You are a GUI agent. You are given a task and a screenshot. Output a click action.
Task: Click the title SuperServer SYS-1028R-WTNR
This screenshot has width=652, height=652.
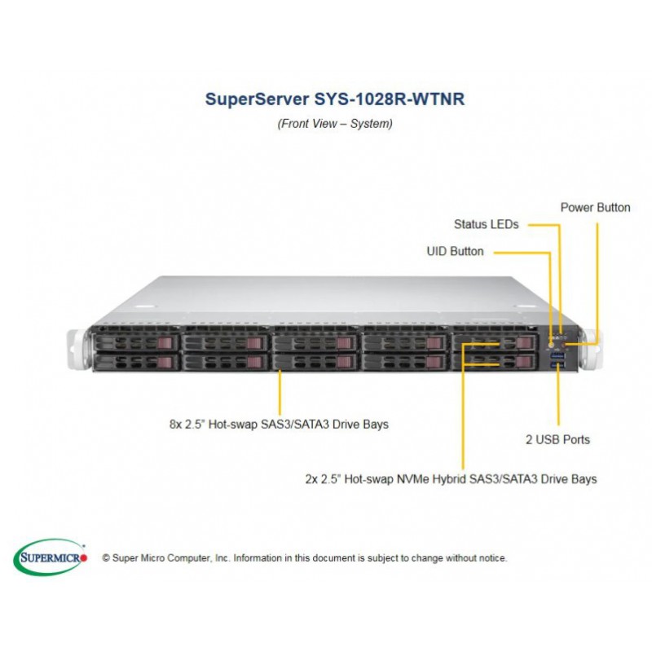(x=335, y=99)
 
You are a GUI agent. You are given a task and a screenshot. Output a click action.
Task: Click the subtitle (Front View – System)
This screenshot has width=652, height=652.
(x=335, y=124)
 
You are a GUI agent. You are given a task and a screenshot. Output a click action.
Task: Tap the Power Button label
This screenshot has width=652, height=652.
(x=595, y=208)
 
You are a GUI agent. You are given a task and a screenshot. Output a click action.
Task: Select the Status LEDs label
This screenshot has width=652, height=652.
(x=486, y=225)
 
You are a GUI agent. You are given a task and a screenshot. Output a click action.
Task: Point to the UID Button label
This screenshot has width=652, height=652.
(x=455, y=252)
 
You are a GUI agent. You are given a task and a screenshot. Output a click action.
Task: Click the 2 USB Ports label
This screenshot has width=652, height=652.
(x=557, y=439)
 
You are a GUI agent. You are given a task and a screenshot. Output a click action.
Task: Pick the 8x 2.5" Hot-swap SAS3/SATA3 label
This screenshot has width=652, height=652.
(x=279, y=425)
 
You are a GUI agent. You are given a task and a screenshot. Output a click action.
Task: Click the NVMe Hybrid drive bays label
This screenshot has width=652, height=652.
(x=452, y=479)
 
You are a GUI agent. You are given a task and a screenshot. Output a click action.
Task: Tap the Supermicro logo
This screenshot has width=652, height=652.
(x=51, y=557)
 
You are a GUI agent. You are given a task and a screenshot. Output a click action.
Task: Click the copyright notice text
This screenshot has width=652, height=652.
(x=305, y=558)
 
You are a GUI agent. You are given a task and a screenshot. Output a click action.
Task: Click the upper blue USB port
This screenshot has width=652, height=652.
(x=557, y=355)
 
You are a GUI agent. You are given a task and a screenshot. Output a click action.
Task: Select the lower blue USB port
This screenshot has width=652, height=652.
(x=557, y=365)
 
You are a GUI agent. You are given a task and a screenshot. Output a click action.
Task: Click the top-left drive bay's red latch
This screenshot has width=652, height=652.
(x=165, y=343)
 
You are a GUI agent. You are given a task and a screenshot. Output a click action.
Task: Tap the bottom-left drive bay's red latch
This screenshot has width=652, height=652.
(x=165, y=362)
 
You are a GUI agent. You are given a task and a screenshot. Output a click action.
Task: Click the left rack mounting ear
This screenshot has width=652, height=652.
(x=77, y=349)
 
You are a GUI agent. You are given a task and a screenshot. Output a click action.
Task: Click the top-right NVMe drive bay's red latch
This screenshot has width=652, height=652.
(x=524, y=343)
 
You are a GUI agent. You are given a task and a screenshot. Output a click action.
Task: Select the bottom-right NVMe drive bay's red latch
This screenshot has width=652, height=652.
(x=524, y=362)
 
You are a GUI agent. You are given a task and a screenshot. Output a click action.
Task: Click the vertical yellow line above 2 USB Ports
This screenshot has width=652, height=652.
(x=558, y=394)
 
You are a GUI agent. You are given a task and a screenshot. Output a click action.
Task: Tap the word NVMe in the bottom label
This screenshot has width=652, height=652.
(x=412, y=479)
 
